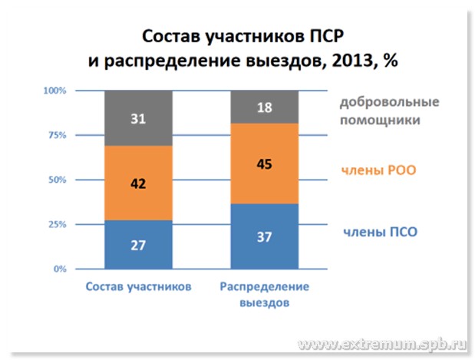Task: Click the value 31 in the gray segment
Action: click(137, 118)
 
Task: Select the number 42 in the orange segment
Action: click(137, 184)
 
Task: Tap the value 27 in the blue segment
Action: click(137, 246)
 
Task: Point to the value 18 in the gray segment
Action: click(265, 107)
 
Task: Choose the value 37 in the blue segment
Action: click(265, 237)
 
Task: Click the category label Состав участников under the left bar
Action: click(137, 287)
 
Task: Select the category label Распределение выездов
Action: click(265, 294)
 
